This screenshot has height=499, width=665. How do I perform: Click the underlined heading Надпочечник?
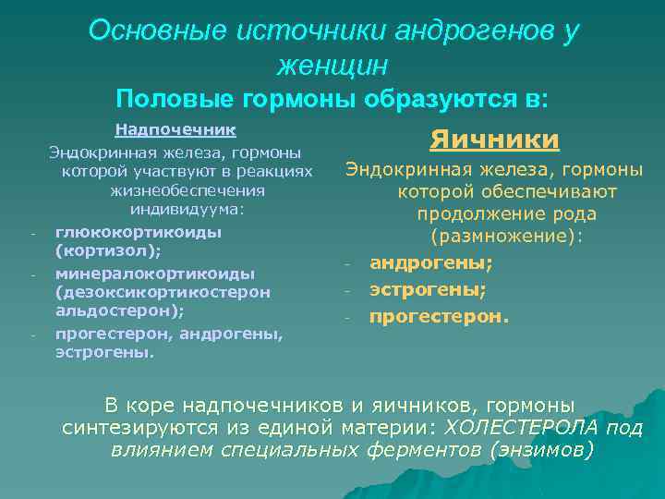pos(175,129)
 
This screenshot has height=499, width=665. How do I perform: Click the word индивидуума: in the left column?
pos(187,210)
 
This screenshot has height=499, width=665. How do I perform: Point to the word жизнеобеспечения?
pos(187,190)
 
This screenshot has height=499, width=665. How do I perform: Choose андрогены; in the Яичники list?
pos(431,262)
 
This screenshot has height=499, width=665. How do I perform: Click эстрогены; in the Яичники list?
pos(428,289)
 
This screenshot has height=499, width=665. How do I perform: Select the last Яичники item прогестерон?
pos(440,317)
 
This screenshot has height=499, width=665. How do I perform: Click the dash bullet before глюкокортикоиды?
pos(32,233)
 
